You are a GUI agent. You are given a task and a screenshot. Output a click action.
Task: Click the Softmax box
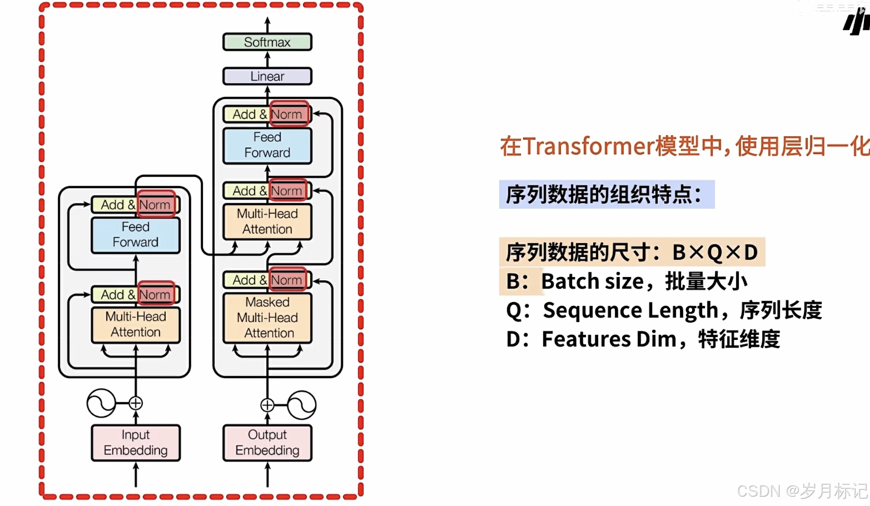click(x=267, y=42)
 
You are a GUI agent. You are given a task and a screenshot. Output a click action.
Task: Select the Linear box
click(x=267, y=76)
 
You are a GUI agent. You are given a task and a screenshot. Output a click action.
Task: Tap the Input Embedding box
click(x=135, y=442)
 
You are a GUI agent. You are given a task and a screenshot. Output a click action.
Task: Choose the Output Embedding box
click(x=267, y=442)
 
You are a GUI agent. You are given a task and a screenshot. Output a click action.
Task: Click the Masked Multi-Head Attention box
click(x=267, y=317)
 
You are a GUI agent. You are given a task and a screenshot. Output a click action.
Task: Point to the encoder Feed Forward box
click(x=135, y=235)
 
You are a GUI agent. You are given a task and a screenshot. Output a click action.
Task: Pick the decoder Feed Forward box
click(x=267, y=145)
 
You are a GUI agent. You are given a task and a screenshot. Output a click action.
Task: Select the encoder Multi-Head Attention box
click(x=135, y=324)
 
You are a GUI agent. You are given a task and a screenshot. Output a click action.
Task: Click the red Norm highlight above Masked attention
click(x=288, y=280)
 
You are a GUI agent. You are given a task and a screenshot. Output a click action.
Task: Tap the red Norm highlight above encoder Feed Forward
click(x=156, y=204)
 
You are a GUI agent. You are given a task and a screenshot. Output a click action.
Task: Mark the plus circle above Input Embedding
click(x=135, y=403)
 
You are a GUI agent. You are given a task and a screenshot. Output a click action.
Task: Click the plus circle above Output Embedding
click(x=267, y=405)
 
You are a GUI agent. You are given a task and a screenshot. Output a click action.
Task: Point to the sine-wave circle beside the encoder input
click(x=101, y=403)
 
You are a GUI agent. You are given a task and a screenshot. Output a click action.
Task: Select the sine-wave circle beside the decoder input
click(x=302, y=405)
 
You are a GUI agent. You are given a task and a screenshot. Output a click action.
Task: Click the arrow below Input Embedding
click(x=135, y=475)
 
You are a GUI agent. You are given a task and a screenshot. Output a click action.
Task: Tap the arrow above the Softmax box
click(x=267, y=24)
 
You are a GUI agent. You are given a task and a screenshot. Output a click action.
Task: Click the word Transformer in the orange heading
click(x=588, y=146)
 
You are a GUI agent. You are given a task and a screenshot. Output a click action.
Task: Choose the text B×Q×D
click(x=715, y=252)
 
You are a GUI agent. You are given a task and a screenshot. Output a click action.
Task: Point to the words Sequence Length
click(x=630, y=310)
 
